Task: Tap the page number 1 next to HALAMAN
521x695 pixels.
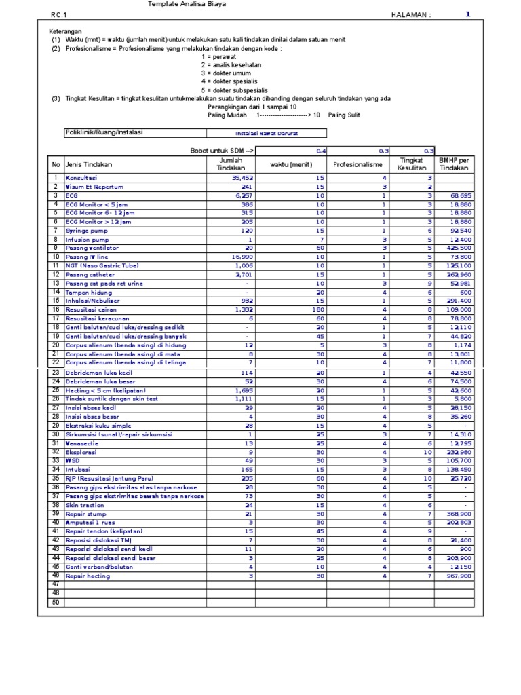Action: pos(467,14)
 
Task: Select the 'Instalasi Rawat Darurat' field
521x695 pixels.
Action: pos(267,134)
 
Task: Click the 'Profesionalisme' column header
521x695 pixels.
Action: pos(358,164)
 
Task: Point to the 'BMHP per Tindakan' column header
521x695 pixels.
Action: pos(454,164)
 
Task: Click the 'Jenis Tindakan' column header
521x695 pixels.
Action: pos(89,164)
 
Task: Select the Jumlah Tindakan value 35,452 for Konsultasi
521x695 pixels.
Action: pos(242,178)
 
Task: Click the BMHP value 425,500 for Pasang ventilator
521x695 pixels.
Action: pos(459,248)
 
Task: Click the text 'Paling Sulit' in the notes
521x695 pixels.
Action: pos(344,115)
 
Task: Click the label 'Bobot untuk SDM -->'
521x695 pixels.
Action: pos(223,151)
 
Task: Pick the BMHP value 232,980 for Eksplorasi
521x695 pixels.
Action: pos(459,451)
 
